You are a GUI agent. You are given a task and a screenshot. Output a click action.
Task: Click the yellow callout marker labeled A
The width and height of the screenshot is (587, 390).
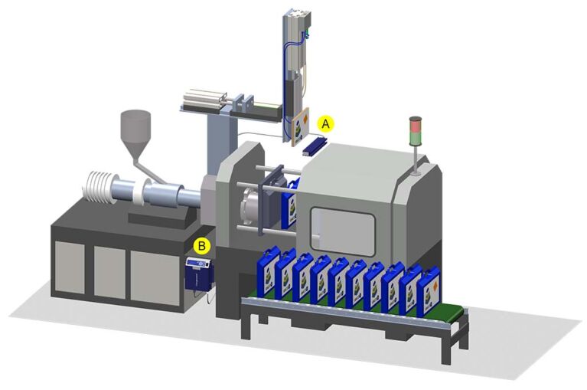[327, 122]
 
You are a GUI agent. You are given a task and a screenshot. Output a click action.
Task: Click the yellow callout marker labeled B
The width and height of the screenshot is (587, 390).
[202, 246]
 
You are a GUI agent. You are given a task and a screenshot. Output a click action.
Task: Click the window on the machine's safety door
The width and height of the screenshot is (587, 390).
[343, 234]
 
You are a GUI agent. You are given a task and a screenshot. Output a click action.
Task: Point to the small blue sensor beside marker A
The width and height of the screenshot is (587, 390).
[315, 143]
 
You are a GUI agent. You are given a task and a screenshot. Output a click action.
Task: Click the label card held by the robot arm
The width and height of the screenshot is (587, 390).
[299, 124]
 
